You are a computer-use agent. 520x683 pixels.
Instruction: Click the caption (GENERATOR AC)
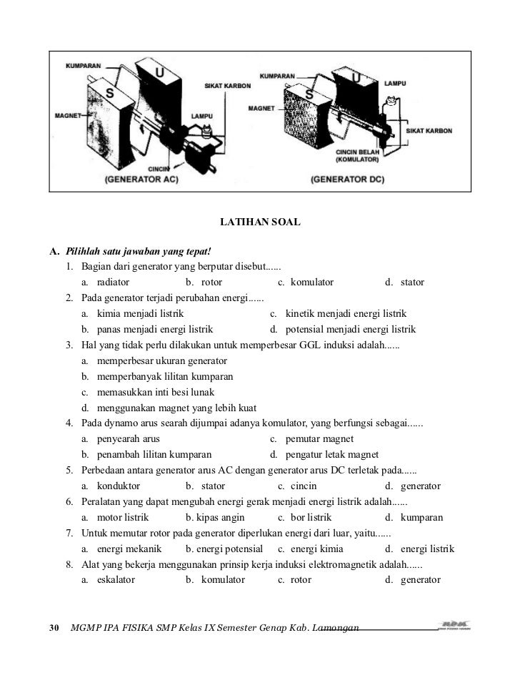click(x=141, y=180)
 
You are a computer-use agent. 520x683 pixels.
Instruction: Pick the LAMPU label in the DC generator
click(x=395, y=84)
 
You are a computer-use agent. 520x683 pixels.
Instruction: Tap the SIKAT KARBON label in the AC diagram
click(x=227, y=85)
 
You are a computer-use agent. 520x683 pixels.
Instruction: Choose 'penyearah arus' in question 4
click(x=128, y=438)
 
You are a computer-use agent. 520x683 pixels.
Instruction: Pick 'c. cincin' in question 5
click(x=301, y=486)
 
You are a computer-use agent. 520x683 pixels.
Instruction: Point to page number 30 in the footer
click(x=53, y=628)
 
